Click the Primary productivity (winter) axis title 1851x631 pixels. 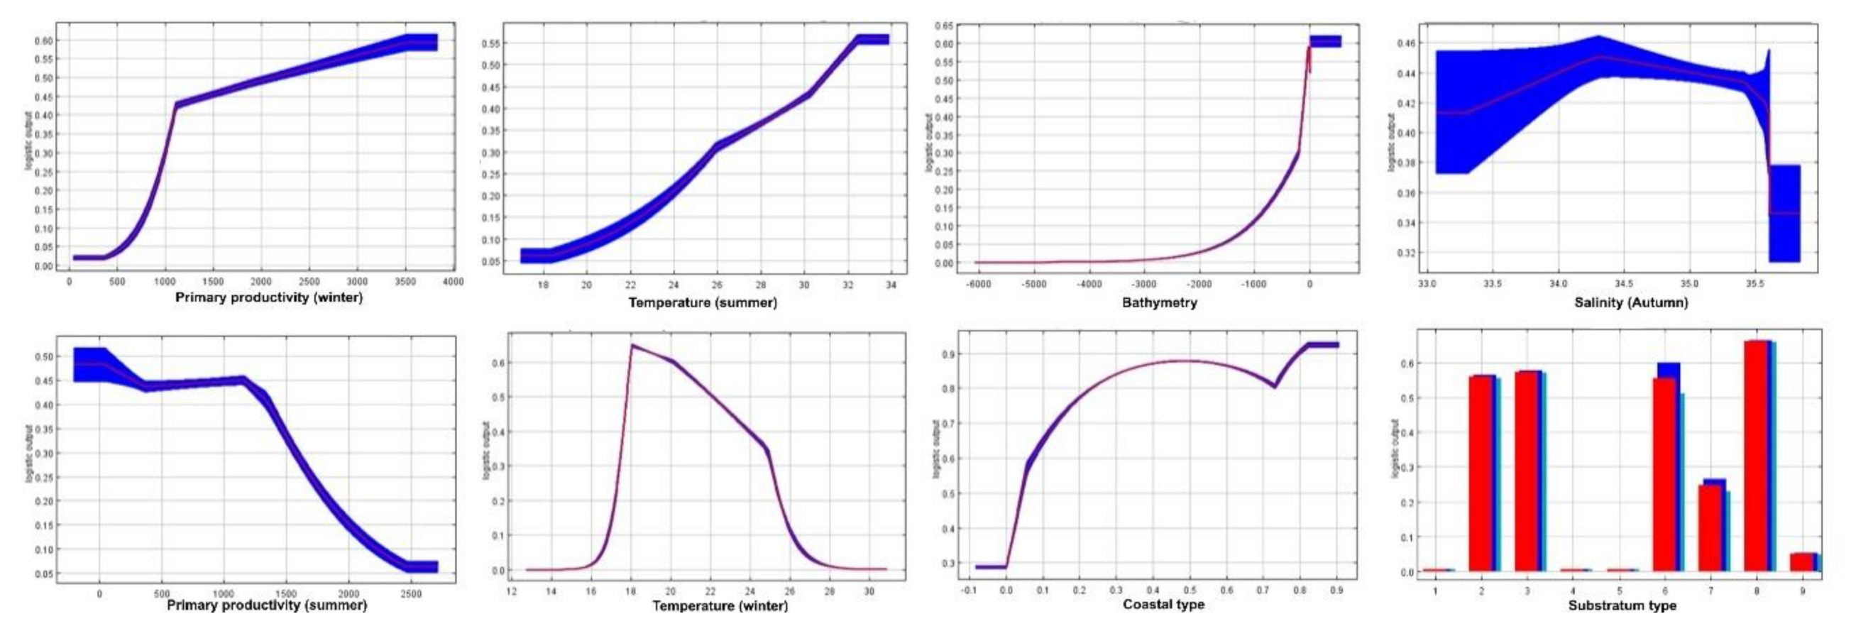coord(269,297)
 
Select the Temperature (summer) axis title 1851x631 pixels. coord(703,302)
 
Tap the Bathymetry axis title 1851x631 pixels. coord(1159,302)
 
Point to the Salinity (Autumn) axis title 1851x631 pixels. coord(1630,302)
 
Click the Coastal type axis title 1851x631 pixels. coord(1163,605)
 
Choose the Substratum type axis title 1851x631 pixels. coord(1622,605)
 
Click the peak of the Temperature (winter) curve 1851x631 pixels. coord(632,346)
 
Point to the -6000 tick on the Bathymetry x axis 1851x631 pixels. coord(979,285)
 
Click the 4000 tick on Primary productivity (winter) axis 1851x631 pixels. coord(453,282)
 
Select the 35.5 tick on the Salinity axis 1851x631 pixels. coord(1754,284)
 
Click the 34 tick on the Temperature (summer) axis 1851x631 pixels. coord(891,285)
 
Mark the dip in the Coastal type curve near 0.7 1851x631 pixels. coord(1274,387)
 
